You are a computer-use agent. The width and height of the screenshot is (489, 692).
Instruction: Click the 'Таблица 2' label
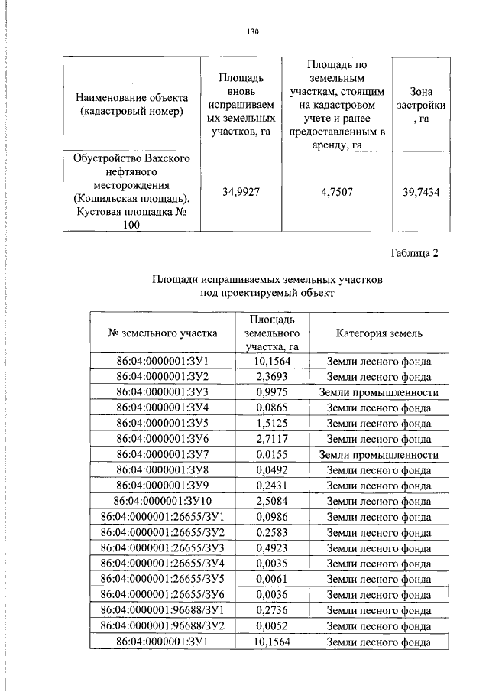tap(414, 254)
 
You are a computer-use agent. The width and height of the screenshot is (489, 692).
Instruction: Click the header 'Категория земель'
tap(379, 333)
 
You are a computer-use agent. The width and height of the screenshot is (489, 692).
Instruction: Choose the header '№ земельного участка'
tap(163, 333)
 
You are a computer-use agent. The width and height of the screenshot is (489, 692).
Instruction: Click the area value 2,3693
tap(270, 376)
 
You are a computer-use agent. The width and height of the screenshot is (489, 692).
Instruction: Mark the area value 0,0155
tap(270, 454)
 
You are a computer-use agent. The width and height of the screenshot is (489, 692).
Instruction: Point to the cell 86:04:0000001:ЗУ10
tap(163, 502)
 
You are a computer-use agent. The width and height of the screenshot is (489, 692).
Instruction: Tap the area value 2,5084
tap(270, 502)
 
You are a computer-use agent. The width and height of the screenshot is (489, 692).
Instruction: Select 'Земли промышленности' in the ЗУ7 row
tap(379, 454)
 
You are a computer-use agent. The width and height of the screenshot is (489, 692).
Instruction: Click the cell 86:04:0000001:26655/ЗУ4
tap(163, 564)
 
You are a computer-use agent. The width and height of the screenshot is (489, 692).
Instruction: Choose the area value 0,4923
tap(270, 548)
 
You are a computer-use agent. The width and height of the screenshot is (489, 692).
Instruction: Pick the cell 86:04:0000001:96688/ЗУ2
tap(163, 626)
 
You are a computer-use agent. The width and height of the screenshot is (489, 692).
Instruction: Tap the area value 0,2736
tap(270, 610)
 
